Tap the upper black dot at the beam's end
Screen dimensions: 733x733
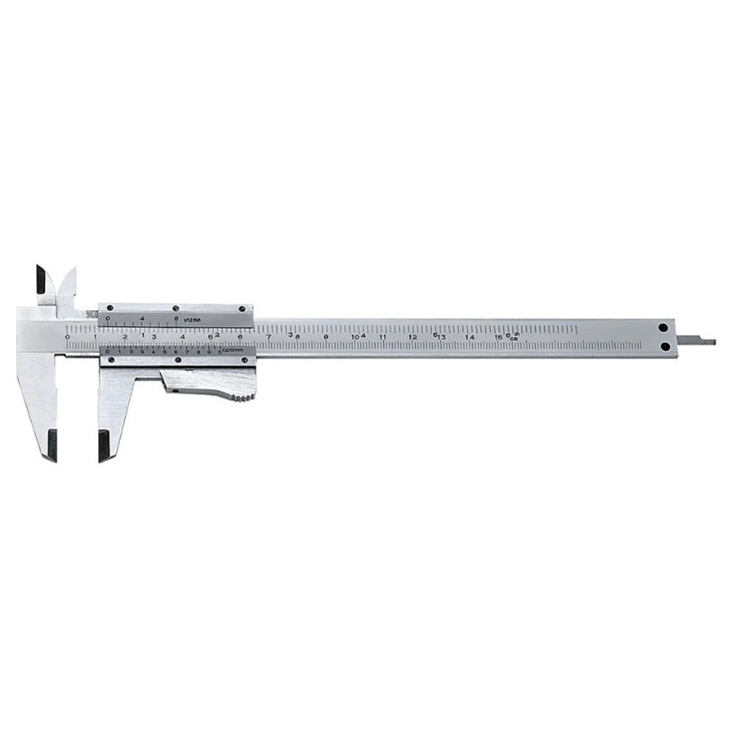tap(664, 328)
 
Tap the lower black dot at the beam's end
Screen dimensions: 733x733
tap(664, 346)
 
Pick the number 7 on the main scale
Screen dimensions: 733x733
tap(268, 336)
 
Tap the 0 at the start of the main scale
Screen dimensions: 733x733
tap(67, 336)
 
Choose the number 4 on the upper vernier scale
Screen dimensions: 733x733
tap(142, 318)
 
